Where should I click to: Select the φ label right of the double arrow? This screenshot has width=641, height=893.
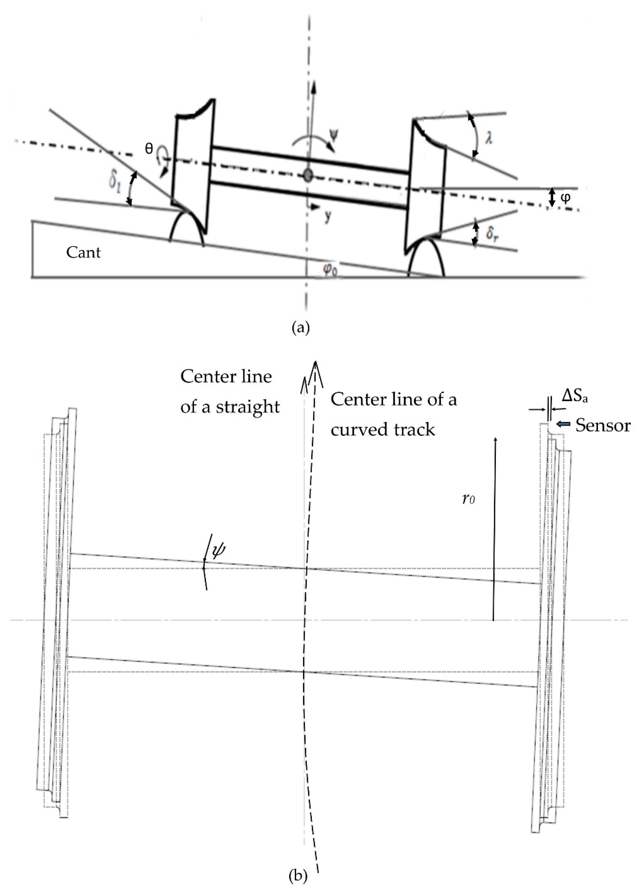click(565, 198)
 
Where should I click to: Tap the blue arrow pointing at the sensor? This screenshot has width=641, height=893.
click(563, 424)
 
